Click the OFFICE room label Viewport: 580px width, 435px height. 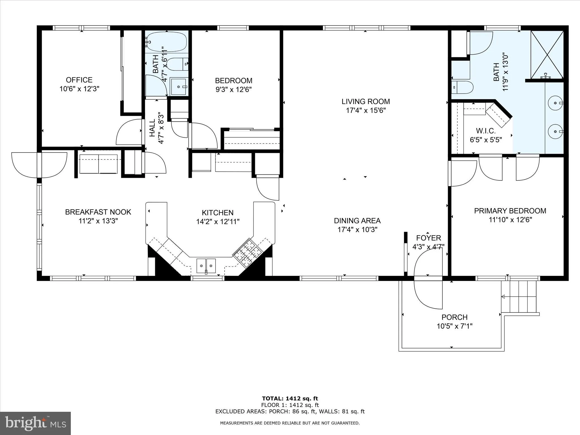point(79,80)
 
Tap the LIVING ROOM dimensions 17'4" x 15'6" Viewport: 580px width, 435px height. point(366,110)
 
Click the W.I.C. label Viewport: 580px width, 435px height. point(486,131)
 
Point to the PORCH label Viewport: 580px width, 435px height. point(454,317)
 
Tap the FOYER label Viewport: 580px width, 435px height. point(428,238)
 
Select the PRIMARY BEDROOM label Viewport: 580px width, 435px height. point(510,211)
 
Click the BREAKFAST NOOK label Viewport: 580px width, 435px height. point(98,212)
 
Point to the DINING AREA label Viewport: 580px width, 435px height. point(357,221)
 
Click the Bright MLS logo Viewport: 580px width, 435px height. point(35,423)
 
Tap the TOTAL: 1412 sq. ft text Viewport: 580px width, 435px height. point(290,398)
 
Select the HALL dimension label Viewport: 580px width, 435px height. point(161,128)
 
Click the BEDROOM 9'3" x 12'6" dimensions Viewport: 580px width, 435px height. point(233,89)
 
